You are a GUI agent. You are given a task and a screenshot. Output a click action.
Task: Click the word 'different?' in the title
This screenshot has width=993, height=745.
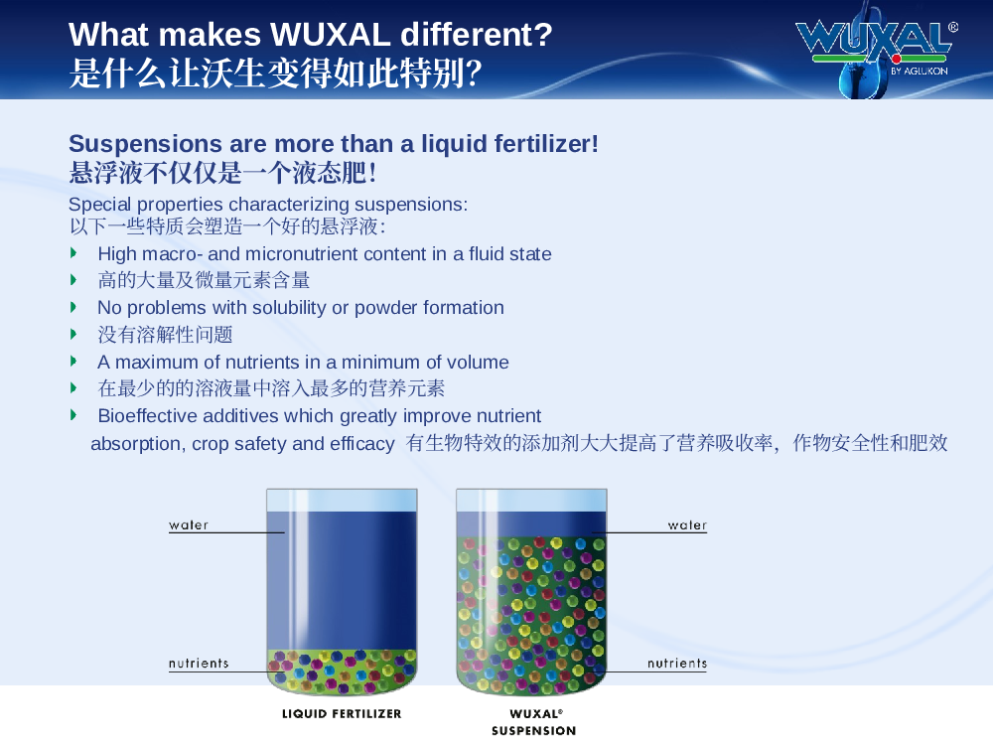click(x=477, y=34)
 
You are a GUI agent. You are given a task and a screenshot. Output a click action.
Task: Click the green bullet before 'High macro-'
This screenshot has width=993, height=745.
click(x=73, y=253)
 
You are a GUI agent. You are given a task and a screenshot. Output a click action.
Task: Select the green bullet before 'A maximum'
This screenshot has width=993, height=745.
click(x=73, y=362)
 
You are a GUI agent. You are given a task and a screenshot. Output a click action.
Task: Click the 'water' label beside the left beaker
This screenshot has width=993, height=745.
click(x=189, y=525)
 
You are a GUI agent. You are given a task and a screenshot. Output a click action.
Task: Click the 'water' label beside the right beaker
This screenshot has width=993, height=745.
click(x=687, y=525)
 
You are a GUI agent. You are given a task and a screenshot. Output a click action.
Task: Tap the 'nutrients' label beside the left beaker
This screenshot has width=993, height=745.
click(x=199, y=664)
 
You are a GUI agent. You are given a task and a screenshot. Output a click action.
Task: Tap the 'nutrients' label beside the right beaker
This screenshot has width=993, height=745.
click(x=677, y=664)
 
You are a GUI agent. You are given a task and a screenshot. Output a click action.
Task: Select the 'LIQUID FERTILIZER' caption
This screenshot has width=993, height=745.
click(x=342, y=714)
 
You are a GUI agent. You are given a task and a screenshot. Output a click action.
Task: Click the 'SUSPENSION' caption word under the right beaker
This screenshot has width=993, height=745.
click(x=534, y=731)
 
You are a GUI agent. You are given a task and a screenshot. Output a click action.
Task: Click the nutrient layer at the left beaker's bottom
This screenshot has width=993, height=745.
click(x=342, y=670)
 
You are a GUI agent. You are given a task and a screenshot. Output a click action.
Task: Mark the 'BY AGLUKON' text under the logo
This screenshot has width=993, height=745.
click(x=919, y=71)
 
